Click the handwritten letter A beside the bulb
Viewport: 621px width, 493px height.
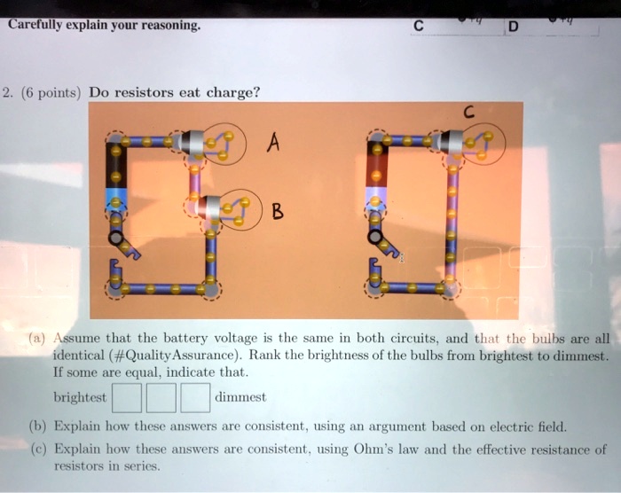272,143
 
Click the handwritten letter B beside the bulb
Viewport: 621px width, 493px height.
278,213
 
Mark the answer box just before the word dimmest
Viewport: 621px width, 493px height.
196,396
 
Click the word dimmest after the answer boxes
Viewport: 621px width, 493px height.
240,397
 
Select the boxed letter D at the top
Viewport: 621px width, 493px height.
512,26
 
